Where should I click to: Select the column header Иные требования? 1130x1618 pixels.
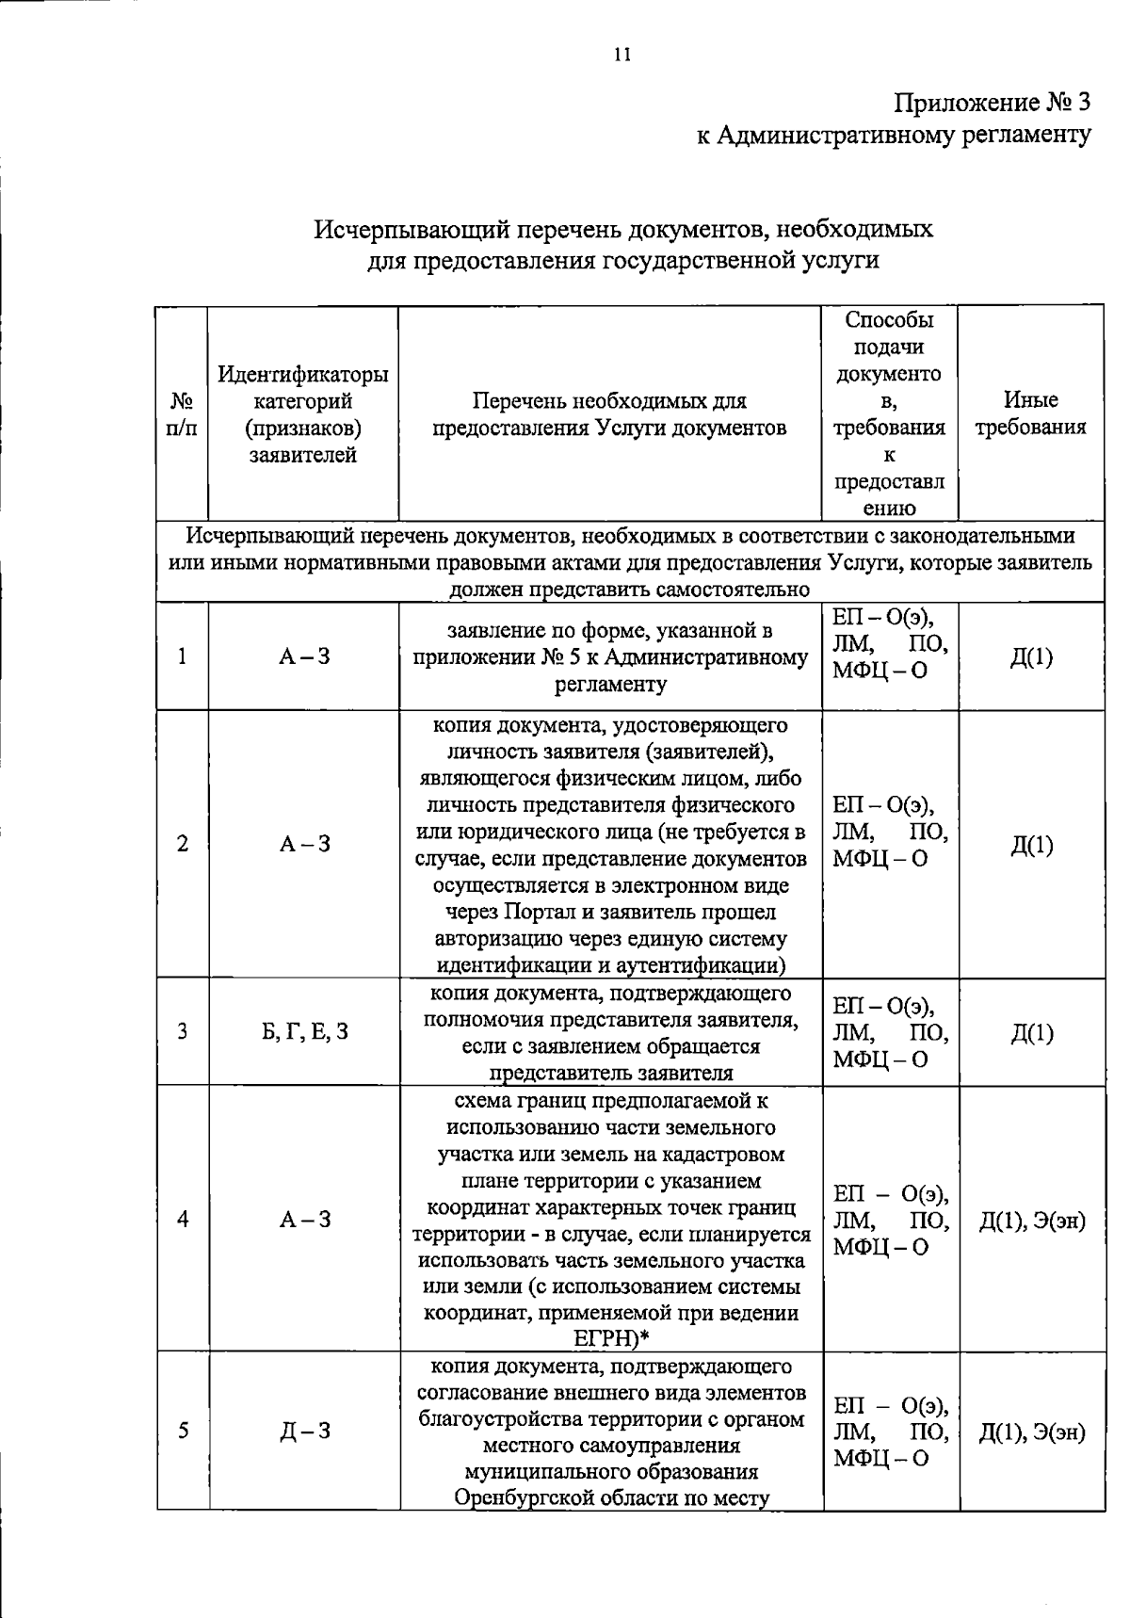[1030, 414]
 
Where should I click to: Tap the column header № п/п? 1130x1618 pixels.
[182, 414]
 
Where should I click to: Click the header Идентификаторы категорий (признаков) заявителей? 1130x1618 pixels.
[302, 414]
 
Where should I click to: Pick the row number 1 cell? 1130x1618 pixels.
[182, 656]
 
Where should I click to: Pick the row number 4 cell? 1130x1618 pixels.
[182, 1219]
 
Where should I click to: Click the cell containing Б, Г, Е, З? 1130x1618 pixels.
[302, 1031]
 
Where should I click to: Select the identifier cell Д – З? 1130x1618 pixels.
[302, 1432]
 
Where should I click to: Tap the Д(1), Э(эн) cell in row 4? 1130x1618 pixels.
[1031, 1221]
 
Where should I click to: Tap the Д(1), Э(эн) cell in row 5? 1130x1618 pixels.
[1031, 1432]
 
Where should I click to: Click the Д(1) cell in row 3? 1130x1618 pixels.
[1031, 1033]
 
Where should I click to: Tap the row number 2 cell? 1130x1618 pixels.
[182, 844]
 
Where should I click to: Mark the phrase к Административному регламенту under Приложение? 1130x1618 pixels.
[893, 135]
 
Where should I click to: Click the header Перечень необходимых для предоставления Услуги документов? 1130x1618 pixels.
[609, 414]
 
